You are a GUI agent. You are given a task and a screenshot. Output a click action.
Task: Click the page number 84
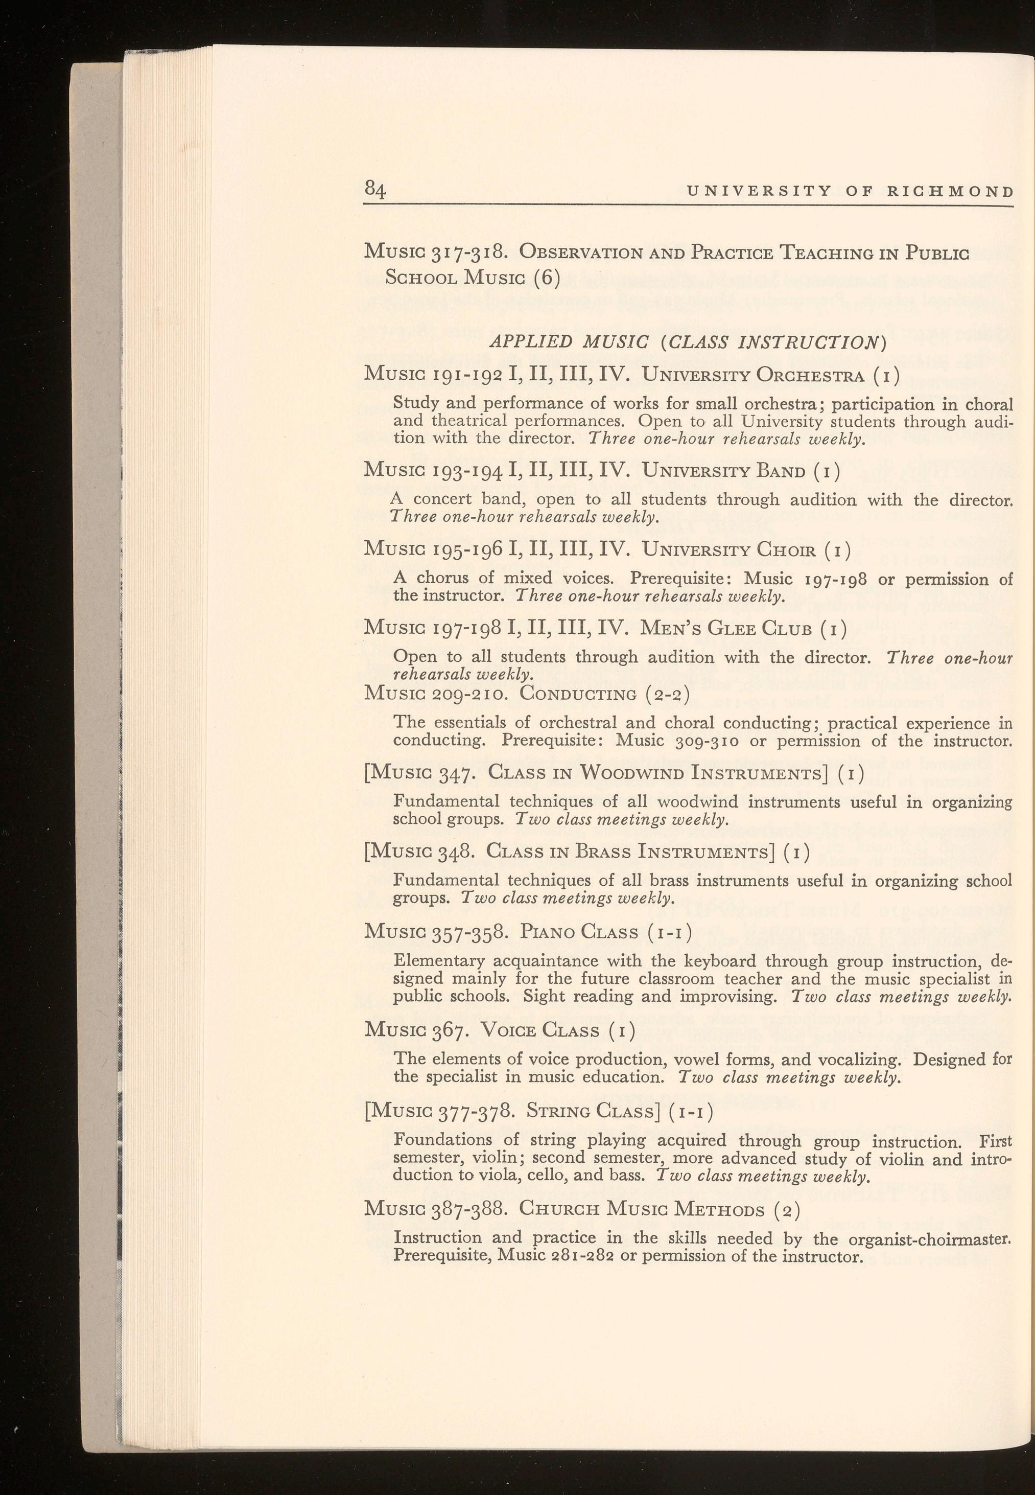(x=375, y=190)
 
